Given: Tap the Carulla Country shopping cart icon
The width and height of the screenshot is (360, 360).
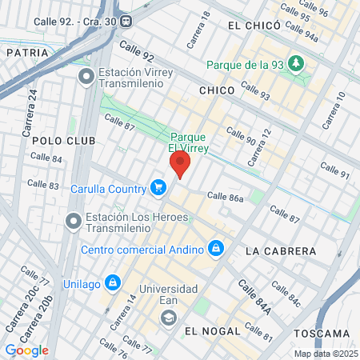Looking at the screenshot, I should click(x=158, y=188).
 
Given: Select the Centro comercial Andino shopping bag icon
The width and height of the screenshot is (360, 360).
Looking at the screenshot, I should click(x=214, y=250).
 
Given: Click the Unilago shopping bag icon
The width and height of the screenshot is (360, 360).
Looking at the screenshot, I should click(x=113, y=282).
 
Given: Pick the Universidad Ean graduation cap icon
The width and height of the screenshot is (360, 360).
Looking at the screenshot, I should click(x=169, y=318).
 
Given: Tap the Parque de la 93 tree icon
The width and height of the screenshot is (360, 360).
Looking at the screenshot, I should click(x=297, y=62).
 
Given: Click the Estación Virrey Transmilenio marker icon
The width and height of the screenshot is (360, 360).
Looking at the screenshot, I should click(x=86, y=77).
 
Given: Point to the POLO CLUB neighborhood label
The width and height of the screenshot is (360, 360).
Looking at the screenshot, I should click(x=63, y=140).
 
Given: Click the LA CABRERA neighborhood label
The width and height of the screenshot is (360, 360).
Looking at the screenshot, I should click(x=281, y=250).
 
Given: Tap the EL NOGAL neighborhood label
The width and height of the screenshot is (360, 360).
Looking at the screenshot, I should click(x=212, y=330).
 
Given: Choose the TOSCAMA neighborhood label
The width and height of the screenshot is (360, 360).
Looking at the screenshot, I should click(x=322, y=333).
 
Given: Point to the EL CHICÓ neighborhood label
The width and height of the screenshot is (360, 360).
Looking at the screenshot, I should click(x=254, y=26).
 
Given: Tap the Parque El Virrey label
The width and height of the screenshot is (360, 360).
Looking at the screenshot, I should click(x=190, y=142).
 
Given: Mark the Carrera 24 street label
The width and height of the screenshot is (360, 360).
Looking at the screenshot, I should click(x=32, y=104).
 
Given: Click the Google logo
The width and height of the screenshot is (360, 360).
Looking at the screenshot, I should click(x=26, y=350).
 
